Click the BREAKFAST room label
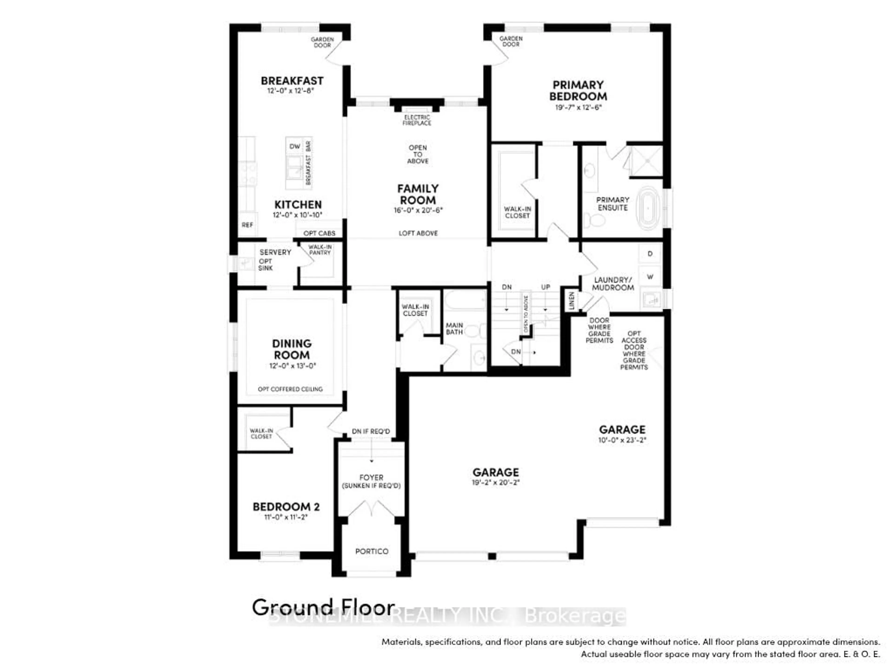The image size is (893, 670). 292,81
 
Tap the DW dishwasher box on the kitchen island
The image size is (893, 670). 295,146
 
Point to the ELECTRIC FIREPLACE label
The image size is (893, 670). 417,120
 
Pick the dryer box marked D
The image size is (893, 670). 650,254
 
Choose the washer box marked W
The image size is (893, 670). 650,277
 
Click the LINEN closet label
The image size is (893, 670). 571,301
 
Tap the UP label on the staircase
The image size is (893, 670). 545,287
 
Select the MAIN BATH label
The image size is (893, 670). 454,328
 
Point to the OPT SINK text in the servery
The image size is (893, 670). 265,265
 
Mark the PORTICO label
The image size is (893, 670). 371,551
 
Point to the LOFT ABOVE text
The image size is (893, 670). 418,233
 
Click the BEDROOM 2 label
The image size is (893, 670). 286,507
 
